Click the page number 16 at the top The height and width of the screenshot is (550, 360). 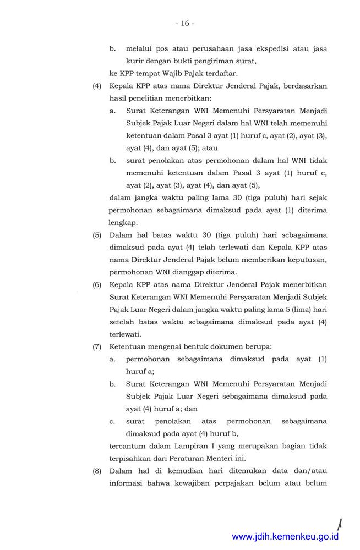185,23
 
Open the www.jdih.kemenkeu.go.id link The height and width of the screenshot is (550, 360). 285,537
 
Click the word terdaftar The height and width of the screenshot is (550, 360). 209,73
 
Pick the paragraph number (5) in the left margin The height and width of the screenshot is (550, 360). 97,235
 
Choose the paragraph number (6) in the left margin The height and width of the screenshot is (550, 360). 97,285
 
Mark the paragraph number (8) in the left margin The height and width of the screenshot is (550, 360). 97,471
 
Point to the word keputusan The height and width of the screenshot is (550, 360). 307,260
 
